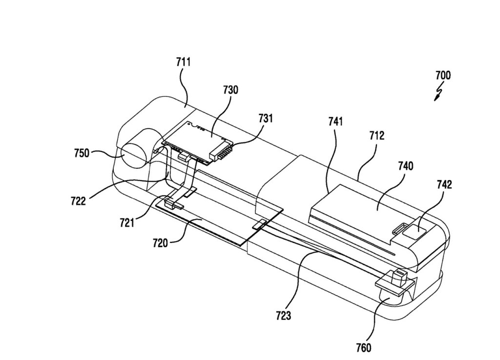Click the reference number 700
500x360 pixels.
tap(443, 76)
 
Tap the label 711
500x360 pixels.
tap(184, 62)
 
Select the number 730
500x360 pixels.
tap(230, 90)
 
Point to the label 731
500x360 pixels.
tap(265, 118)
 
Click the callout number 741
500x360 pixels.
tap(335, 121)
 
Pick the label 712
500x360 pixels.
tap(377, 136)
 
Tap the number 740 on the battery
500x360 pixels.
tap(405, 166)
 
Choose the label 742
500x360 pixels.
tap(444, 184)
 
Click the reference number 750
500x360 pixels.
tap(82, 153)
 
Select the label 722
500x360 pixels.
tap(78, 201)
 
